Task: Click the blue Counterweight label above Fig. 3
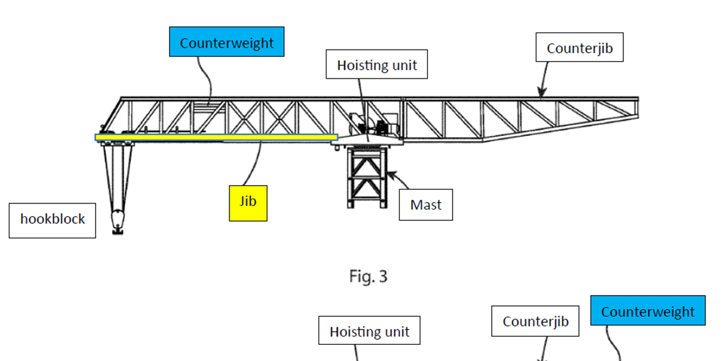coord(227,42)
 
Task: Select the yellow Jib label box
coord(248,203)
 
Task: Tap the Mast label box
coord(426,205)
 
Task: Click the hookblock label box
coord(52,220)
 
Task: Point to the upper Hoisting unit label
coord(377,65)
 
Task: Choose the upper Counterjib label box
coord(579,48)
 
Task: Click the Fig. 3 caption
coord(368,276)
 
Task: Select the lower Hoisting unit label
coord(369,331)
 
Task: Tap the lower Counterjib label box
coord(535,321)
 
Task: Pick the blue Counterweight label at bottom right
coord(648,311)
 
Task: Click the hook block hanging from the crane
coord(117,221)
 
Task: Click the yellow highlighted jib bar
coord(216,137)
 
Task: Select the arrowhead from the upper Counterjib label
coord(540,93)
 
